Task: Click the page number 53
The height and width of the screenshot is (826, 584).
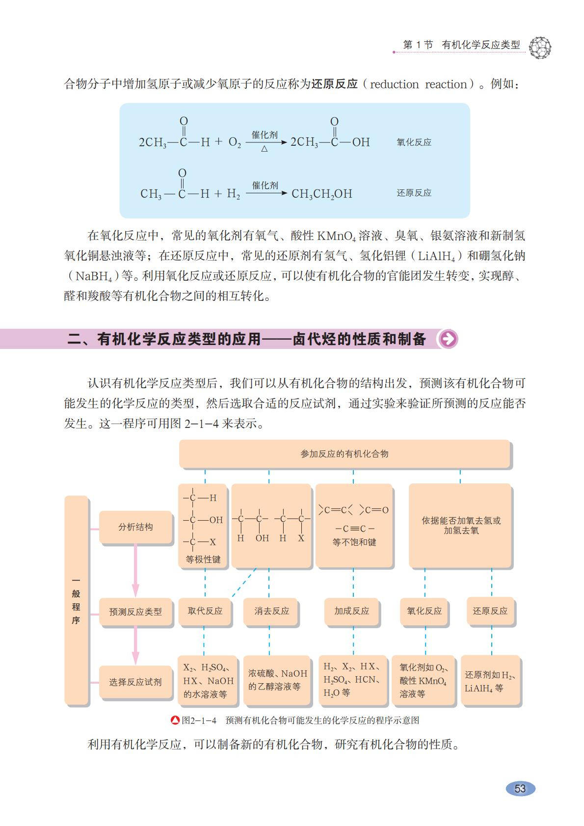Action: click(x=520, y=789)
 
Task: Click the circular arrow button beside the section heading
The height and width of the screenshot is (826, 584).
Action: click(x=448, y=339)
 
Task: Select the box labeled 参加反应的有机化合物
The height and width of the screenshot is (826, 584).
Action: click(x=345, y=454)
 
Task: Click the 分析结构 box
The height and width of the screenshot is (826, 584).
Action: click(x=135, y=527)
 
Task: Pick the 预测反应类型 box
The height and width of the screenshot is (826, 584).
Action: click(x=135, y=612)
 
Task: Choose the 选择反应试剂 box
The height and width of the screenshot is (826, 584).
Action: click(x=135, y=682)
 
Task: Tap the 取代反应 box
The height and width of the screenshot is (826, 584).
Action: click(x=205, y=611)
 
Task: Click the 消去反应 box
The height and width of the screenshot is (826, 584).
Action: click(x=271, y=611)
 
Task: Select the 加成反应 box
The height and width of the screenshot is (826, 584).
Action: click(x=351, y=611)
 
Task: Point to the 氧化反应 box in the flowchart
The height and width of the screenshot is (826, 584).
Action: click(x=424, y=611)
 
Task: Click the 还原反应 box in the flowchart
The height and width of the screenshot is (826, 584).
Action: click(x=490, y=611)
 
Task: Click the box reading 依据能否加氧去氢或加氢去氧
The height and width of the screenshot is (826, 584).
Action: click(x=461, y=526)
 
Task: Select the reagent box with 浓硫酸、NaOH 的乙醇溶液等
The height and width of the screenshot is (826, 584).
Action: click(x=277, y=680)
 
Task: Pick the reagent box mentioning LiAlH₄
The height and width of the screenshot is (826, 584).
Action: click(x=490, y=681)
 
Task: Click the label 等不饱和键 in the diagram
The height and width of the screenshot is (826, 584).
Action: click(x=354, y=542)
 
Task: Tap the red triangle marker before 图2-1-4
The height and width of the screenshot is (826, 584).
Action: click(x=175, y=720)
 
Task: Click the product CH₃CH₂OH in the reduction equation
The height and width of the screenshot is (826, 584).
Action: click(x=322, y=194)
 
